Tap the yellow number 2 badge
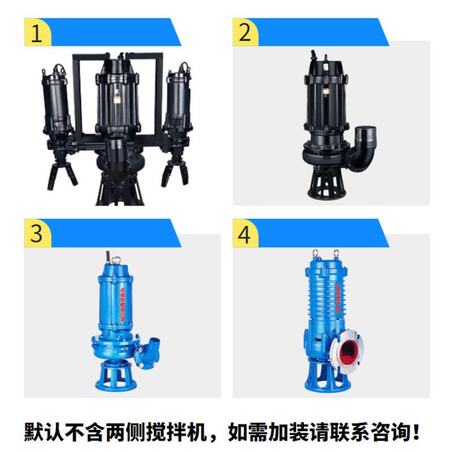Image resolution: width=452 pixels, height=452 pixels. [x=245, y=33]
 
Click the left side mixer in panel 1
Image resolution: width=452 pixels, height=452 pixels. [x=56, y=102]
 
